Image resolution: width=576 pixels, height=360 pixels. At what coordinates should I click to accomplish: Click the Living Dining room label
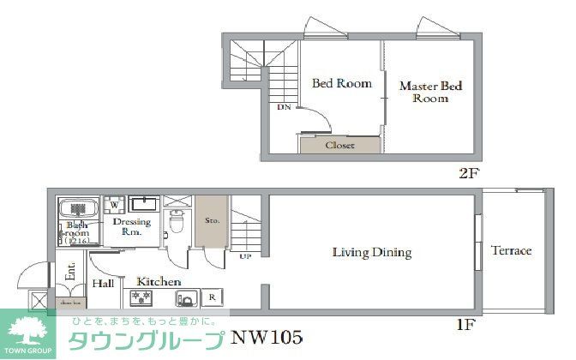click(x=372, y=253)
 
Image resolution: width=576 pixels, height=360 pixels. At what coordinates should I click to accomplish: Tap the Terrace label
click(x=511, y=251)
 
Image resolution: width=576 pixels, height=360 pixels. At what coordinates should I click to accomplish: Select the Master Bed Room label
click(x=430, y=92)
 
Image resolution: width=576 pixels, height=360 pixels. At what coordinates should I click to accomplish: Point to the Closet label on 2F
click(x=339, y=146)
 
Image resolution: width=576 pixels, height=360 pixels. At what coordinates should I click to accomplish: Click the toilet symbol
click(x=177, y=221)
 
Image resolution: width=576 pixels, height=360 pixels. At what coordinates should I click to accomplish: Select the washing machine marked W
click(x=113, y=206)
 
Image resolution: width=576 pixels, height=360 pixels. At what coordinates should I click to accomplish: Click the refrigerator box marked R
click(x=211, y=298)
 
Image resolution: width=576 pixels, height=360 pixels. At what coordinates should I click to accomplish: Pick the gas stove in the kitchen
click(x=141, y=298)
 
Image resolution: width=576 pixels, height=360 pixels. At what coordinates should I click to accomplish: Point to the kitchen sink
click(x=185, y=299)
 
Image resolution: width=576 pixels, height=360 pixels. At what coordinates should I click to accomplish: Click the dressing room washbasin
click(x=144, y=204)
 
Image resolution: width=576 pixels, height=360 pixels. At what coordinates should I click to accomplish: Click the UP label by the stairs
click(x=245, y=256)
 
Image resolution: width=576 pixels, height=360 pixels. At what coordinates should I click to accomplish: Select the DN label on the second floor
click(x=283, y=108)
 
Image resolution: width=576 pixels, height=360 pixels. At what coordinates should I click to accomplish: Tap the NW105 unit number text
click(x=266, y=337)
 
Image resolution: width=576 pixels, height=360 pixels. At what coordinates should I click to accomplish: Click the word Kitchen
click(x=159, y=281)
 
